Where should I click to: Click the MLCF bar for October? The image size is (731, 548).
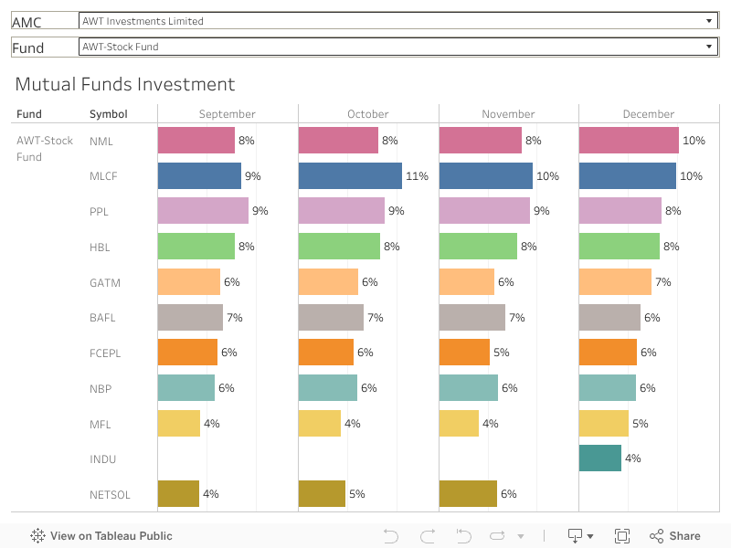point(350,175)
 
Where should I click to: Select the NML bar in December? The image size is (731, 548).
point(629,141)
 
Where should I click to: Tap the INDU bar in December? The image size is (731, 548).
point(600,458)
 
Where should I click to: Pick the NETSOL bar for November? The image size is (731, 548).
point(468,494)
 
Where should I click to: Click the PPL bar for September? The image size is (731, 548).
point(203,211)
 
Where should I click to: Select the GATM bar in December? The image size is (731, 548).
point(615,282)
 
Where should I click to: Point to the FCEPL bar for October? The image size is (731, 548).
point(325,353)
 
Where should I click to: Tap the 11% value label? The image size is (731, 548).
point(417,176)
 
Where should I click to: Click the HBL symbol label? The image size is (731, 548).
point(101,247)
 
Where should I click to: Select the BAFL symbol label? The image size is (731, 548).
point(103,318)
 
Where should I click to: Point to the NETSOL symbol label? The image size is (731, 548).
point(110,495)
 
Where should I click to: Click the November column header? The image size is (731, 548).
point(508,114)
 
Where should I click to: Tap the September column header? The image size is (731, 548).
point(227,114)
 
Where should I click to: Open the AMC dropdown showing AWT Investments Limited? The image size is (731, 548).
point(397,21)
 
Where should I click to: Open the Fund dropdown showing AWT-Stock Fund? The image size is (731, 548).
point(397,47)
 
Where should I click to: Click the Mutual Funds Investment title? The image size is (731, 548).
point(125,85)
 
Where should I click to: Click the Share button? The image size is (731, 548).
point(675,536)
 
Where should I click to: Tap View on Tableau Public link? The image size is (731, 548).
point(101,536)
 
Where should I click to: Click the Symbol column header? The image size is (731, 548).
point(108,114)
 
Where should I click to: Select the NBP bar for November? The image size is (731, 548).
point(469,388)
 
